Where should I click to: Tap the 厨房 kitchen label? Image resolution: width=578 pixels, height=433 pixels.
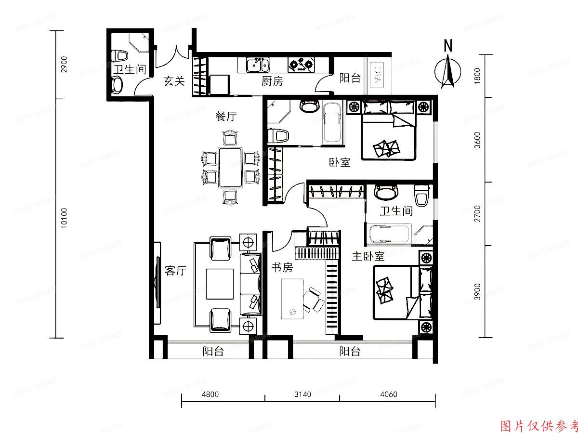272,81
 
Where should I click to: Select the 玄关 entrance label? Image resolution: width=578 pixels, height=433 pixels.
174,81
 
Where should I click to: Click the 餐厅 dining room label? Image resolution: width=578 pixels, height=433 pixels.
226,116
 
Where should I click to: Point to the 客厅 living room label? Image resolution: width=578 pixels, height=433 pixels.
175,271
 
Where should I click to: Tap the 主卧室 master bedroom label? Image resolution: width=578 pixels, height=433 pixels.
368,256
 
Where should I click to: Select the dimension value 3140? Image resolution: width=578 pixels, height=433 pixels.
302,394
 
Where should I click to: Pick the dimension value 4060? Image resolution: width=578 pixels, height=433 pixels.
388,394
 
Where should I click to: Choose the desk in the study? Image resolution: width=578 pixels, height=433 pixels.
293,298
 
